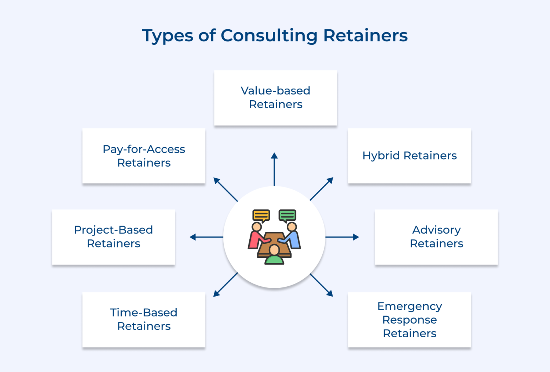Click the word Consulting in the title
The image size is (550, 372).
269,36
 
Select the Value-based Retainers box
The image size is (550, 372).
275,98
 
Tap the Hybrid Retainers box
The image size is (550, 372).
409,156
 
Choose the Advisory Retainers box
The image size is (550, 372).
436,237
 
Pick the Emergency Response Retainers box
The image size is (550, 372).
409,320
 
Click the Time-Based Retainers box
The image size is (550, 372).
144,320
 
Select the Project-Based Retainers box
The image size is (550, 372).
113,237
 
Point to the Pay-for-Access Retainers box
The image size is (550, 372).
144,156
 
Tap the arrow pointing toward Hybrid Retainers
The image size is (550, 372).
321,189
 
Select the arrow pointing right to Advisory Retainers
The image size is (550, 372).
342,237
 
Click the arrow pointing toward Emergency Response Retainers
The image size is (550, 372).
322,285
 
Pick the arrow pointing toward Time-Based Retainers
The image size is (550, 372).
225,285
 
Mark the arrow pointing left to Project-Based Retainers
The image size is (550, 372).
206,237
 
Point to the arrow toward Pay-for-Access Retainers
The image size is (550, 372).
225,189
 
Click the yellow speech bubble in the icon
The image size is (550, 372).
261,215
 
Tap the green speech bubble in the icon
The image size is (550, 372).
287,215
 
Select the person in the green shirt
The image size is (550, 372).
274,256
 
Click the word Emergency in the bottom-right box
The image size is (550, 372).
410,306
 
